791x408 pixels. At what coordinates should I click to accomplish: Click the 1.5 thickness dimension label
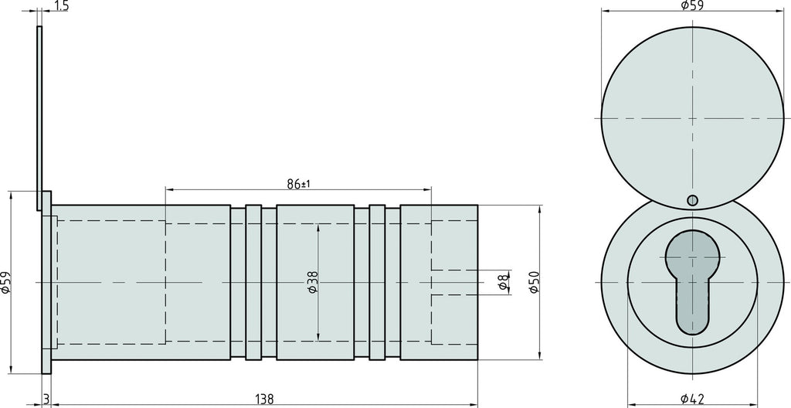pyautogui.click(x=60, y=5)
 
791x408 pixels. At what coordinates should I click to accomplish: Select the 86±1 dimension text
pyautogui.click(x=298, y=184)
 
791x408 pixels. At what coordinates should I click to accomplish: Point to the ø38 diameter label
pyautogui.click(x=313, y=282)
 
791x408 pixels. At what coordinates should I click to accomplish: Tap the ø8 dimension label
pyautogui.click(x=502, y=282)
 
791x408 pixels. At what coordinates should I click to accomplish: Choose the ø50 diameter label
pyautogui.click(x=535, y=282)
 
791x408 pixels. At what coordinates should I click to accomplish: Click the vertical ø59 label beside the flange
pyautogui.click(x=6, y=282)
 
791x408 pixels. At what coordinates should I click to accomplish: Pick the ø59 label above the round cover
pyautogui.click(x=692, y=5)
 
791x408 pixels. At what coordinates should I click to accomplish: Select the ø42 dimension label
pyautogui.click(x=692, y=399)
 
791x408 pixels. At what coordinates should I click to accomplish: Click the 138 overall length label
pyautogui.click(x=264, y=399)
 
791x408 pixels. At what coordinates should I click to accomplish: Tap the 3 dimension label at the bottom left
pyautogui.click(x=46, y=399)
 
